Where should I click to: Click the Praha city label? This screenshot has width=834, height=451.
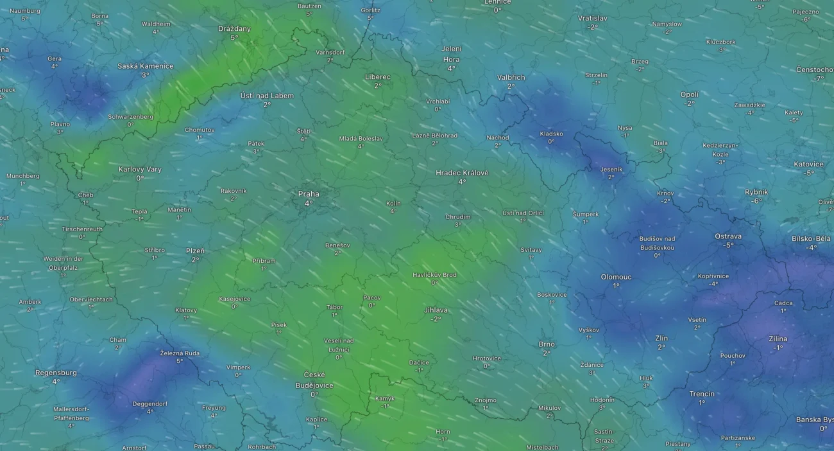pos(309,194)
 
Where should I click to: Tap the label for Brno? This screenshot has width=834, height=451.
pos(547,344)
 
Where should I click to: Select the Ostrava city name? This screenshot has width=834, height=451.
pos(728,236)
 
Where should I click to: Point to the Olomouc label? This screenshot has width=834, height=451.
pos(616,277)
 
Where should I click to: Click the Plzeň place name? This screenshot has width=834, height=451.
pos(195,251)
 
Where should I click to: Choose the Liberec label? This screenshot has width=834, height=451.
pos(378,77)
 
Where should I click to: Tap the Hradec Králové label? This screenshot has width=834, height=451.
pos(462,173)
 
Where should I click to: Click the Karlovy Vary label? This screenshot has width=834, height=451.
pos(140,170)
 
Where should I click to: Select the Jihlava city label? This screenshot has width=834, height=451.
pos(436,310)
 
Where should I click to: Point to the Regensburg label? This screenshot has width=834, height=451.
pos(56,373)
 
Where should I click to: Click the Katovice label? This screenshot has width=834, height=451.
pos(808,164)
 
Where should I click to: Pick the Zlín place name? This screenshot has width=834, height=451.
pos(661,338)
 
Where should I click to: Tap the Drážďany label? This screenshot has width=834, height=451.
pos(234,29)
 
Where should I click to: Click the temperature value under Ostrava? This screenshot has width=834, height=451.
pos(728,245)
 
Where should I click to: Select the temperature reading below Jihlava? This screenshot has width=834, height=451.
pos(436,319)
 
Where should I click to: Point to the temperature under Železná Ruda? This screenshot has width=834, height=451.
pos(180,361)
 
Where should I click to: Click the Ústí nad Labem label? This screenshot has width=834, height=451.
pos(267,96)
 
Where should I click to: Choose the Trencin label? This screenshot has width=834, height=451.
pos(702,394)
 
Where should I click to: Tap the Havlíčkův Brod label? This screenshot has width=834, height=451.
pos(434,275)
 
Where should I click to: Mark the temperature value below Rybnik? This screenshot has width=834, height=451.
pos(756,201)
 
